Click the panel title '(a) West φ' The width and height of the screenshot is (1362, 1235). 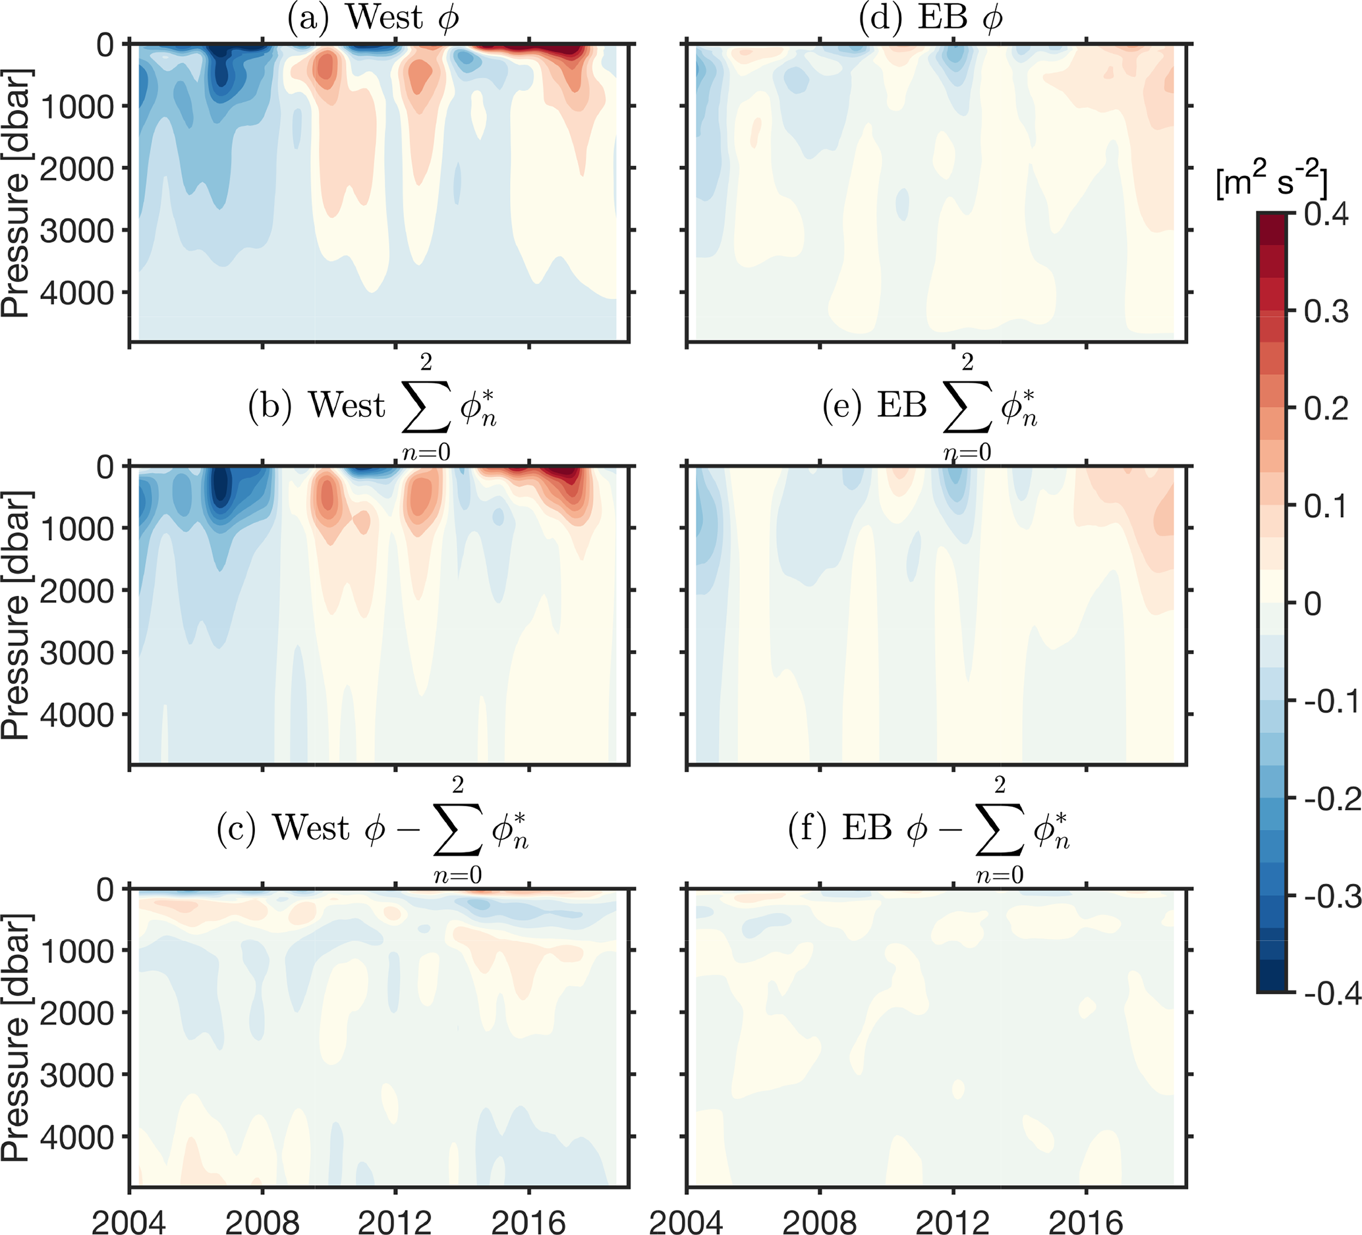[x=373, y=18]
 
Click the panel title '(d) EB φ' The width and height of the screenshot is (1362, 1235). [x=930, y=18]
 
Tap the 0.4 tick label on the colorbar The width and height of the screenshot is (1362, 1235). [x=1326, y=215]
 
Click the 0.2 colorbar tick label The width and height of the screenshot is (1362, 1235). [x=1326, y=409]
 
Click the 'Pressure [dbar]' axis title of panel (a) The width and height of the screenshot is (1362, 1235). [x=16, y=192]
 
